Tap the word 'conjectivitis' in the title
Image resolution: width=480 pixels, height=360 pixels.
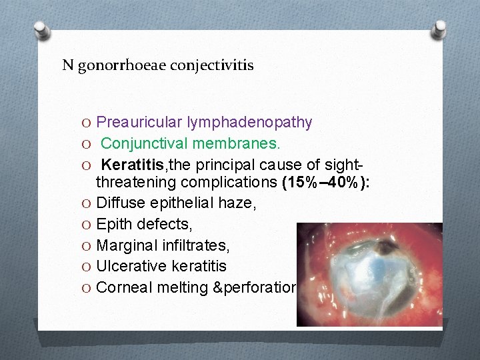[212, 66]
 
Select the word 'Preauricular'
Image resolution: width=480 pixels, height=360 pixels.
[137, 122]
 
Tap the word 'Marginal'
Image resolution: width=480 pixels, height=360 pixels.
[126, 246]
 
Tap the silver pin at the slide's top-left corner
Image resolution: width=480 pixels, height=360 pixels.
[41, 29]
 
